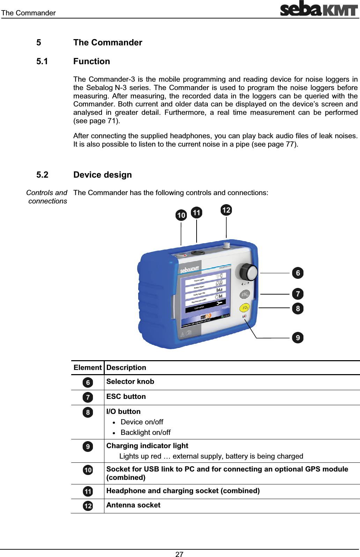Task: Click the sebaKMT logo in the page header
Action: click(319, 9)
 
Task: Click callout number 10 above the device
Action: click(181, 215)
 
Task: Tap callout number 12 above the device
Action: click(226, 210)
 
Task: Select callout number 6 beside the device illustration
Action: click(297, 273)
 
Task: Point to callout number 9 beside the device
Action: click(297, 337)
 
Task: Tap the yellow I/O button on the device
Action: click(244, 308)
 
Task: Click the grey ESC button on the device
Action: click(245, 295)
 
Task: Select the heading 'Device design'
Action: click(102, 175)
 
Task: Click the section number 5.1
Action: click(42, 61)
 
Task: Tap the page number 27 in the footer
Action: click(179, 554)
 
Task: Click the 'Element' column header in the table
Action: click(87, 367)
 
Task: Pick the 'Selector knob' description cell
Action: click(130, 381)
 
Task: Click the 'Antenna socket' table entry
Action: click(133, 505)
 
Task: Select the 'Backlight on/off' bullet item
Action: click(145, 432)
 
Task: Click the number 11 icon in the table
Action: click(88, 491)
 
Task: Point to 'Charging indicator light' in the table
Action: click(147, 446)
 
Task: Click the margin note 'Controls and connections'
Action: click(47, 197)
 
